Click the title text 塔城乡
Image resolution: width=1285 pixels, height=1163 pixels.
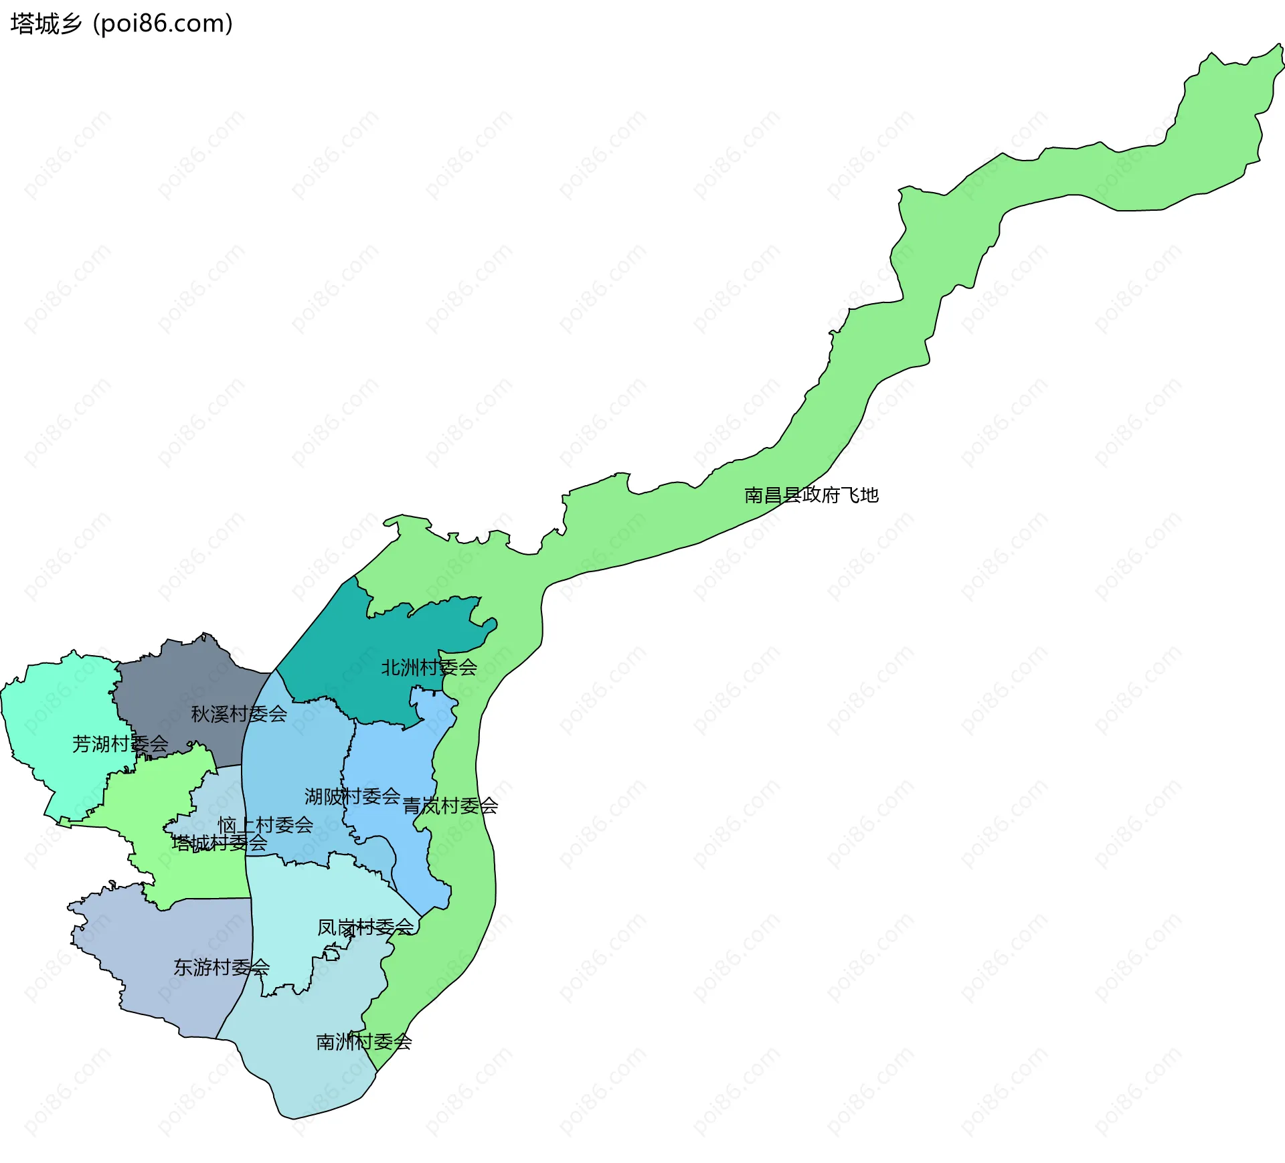(46, 24)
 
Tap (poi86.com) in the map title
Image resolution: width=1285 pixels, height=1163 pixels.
(163, 24)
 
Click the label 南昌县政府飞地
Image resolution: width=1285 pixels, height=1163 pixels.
(811, 495)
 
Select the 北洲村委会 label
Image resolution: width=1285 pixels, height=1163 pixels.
(429, 667)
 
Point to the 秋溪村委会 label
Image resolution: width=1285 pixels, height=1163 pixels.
(239, 714)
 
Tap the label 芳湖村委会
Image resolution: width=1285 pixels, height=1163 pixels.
(120, 743)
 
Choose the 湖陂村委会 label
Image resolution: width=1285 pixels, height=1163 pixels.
(352, 796)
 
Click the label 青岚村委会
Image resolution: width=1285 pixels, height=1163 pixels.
(450, 806)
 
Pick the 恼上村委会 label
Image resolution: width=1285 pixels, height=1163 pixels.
(266, 824)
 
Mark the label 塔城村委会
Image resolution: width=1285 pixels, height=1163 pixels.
(220, 842)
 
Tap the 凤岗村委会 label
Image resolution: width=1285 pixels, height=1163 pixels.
(365, 927)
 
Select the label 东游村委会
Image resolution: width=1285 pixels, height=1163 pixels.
(222, 967)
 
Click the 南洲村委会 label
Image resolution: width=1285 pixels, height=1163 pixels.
(364, 1041)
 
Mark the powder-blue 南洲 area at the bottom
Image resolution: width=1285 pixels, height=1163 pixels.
(308, 1071)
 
